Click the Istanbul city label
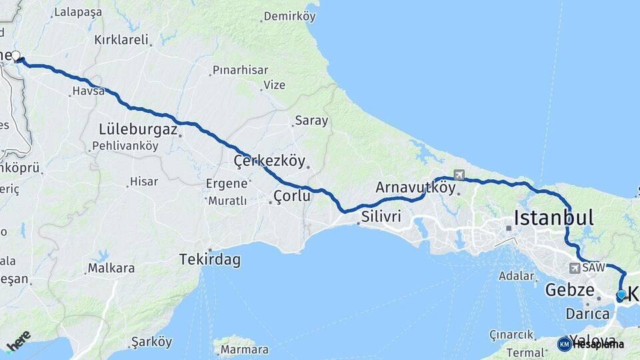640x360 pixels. click(x=553, y=217)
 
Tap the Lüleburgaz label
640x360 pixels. click(x=138, y=129)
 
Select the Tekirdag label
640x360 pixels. click(x=209, y=260)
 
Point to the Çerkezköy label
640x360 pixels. click(x=269, y=161)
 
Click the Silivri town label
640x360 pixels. click(x=381, y=217)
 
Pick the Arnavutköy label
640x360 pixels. click(x=415, y=188)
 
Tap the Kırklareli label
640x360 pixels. click(x=121, y=39)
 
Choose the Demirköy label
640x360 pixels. click(x=289, y=17)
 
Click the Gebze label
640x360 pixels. click(x=569, y=290)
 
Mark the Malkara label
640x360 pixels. click(x=111, y=269)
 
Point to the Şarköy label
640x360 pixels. click(x=151, y=341)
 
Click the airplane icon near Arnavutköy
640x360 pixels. click(x=459, y=175)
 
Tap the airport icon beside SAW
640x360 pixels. click(x=574, y=268)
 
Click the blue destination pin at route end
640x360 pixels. click(x=621, y=295)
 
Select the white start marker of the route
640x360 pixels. click(x=15, y=57)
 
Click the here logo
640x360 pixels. click(x=18, y=340)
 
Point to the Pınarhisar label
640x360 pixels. click(x=240, y=70)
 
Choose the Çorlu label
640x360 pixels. click(x=292, y=196)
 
